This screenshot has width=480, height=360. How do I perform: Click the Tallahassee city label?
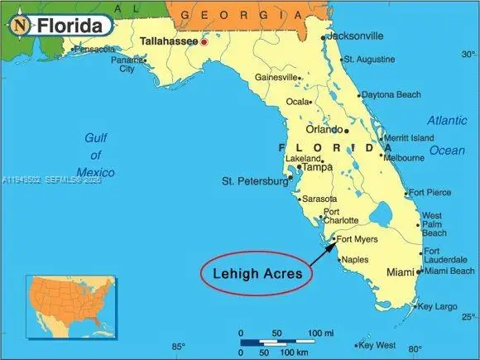click(x=168, y=41)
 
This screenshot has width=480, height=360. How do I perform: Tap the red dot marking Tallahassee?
click(x=204, y=41)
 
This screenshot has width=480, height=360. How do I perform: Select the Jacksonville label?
click(x=355, y=36)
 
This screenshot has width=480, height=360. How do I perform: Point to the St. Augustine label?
click(x=370, y=60)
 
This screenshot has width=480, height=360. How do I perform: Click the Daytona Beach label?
click(x=391, y=95)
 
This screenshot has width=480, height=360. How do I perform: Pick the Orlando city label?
click(x=324, y=129)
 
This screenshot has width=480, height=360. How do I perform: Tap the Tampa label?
click(x=317, y=167)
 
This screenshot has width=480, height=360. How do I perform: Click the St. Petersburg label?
click(x=252, y=180)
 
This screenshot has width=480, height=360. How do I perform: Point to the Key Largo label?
click(x=438, y=306)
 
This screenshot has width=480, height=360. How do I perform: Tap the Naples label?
click(x=355, y=260)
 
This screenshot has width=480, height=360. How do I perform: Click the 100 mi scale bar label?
click(x=321, y=333)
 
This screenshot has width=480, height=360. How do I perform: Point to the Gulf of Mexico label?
click(x=95, y=155)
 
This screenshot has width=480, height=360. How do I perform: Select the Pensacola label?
click(x=94, y=50)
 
